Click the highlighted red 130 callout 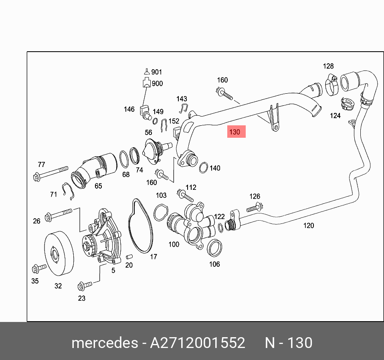click(236, 132)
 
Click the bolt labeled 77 click(52, 173)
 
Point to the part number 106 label click(214, 264)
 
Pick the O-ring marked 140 click(203, 167)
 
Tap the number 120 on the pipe click(308, 225)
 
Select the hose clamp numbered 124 click(347, 105)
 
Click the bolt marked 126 click(253, 208)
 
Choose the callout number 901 click(156, 72)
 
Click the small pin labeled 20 click(128, 256)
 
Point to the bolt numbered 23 click(85, 285)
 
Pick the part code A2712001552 click(197, 343)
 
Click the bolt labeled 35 click(38, 267)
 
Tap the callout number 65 click(98, 186)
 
